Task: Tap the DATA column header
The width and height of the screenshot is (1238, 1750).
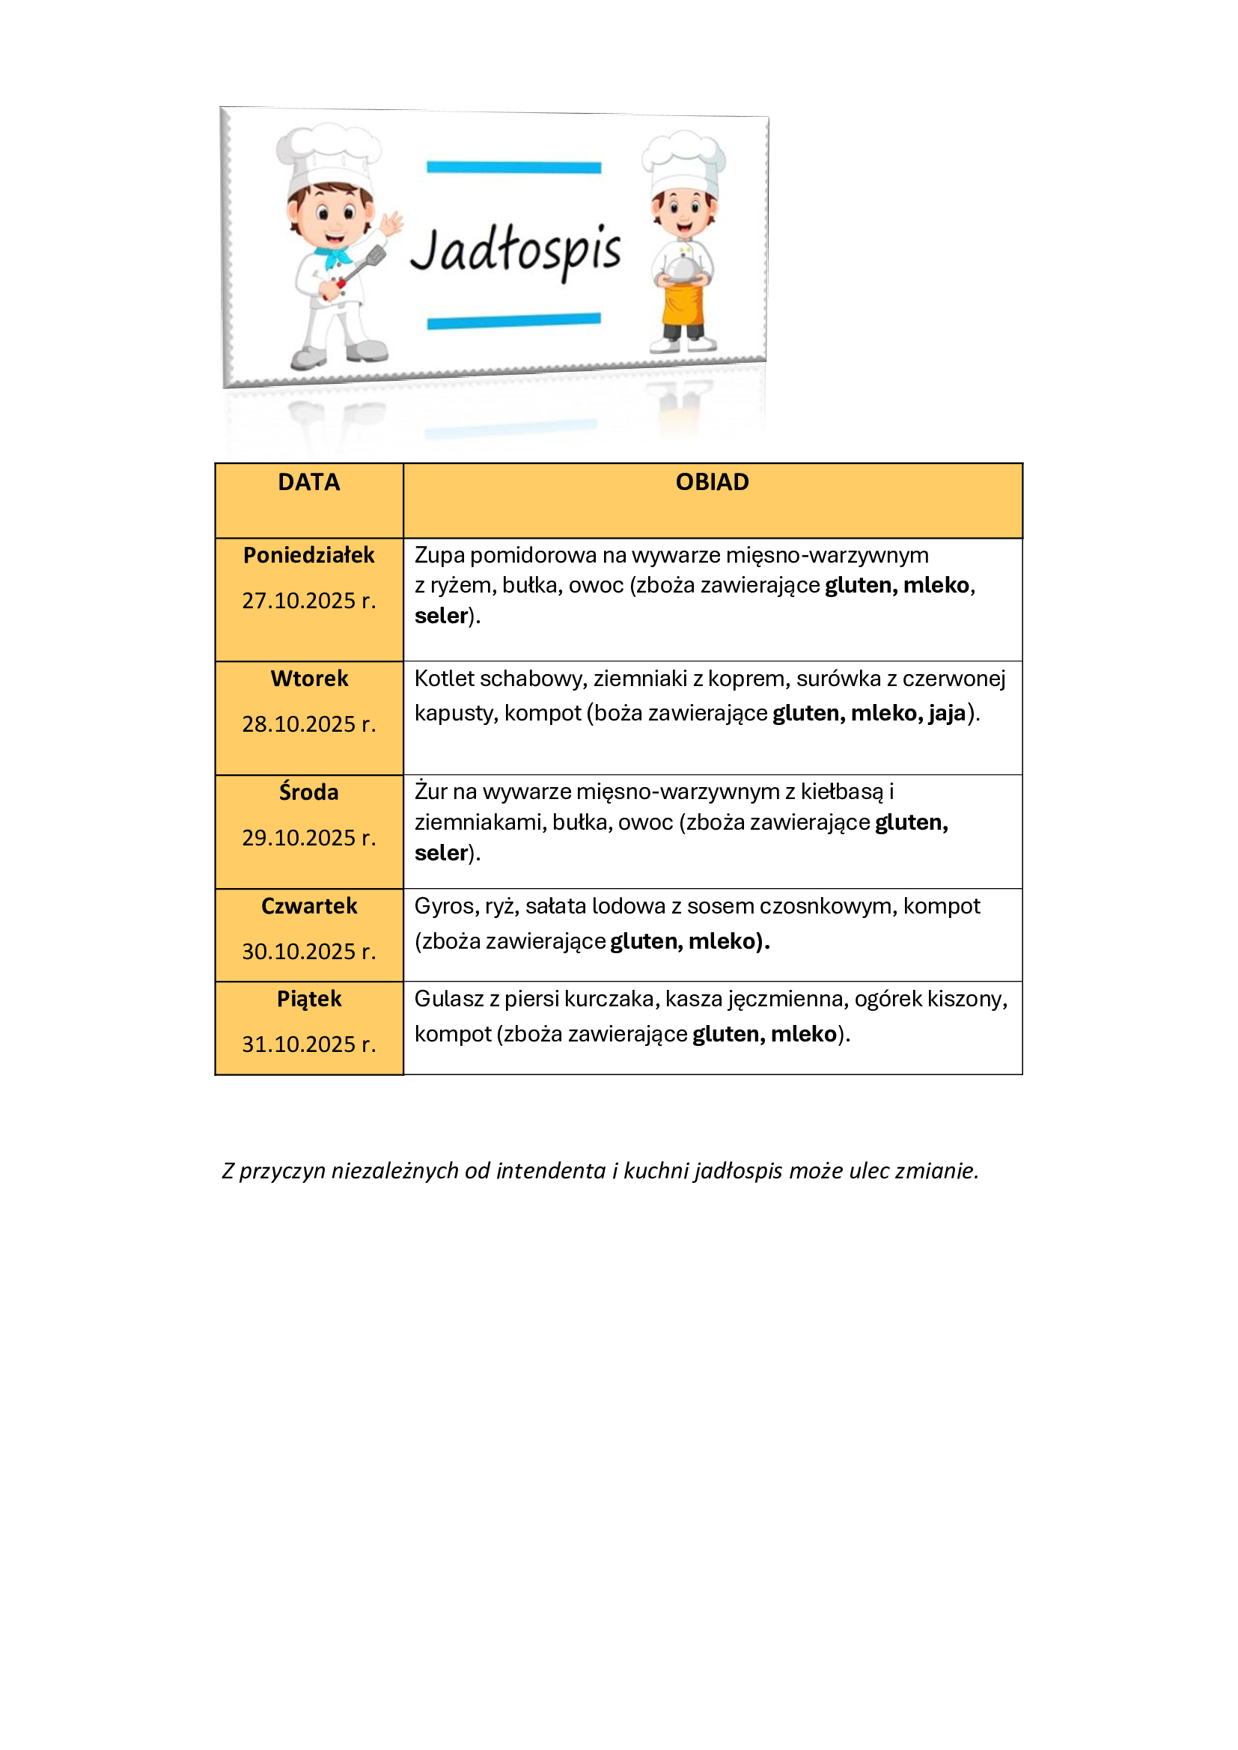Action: (x=308, y=483)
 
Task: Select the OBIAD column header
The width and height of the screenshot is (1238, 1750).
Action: (x=712, y=483)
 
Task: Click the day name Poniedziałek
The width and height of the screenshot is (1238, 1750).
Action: (x=308, y=555)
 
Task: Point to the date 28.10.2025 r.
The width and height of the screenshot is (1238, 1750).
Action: (x=308, y=724)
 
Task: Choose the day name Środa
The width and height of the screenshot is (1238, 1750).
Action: (x=308, y=792)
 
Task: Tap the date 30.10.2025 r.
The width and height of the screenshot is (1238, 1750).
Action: (x=308, y=951)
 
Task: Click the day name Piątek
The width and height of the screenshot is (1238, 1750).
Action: (x=308, y=999)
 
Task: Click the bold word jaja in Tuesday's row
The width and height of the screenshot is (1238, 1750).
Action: (x=947, y=713)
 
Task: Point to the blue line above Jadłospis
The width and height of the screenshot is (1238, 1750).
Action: (x=513, y=167)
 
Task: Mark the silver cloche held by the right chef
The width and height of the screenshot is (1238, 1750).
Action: (x=682, y=267)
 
